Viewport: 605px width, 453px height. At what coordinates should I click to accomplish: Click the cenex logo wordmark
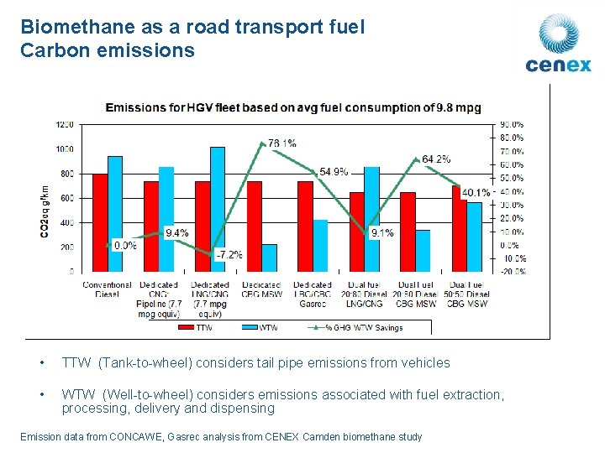point(558,65)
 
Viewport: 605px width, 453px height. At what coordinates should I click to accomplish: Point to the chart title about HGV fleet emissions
point(292,107)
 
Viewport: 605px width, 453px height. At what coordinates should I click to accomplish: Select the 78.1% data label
point(281,143)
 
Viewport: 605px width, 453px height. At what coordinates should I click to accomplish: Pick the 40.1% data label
point(476,192)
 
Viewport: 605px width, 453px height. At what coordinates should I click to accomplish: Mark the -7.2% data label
point(229,254)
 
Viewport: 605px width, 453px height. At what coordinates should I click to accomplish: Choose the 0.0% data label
point(124,246)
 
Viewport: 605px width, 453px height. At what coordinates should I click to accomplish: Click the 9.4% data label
point(176,232)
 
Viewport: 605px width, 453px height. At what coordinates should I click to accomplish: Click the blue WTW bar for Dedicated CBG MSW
point(269,258)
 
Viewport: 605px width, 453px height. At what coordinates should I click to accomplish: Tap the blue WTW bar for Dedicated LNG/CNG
point(218,209)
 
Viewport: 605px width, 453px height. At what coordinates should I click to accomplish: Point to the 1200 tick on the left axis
point(65,124)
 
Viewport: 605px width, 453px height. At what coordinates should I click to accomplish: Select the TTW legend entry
point(197,327)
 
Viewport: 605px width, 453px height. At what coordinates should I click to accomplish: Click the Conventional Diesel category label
point(108,289)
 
